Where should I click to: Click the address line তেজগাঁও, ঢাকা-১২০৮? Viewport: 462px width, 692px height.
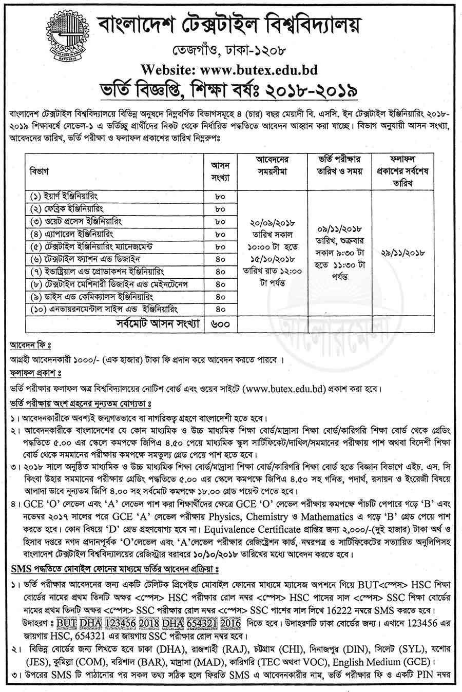tap(231, 51)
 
